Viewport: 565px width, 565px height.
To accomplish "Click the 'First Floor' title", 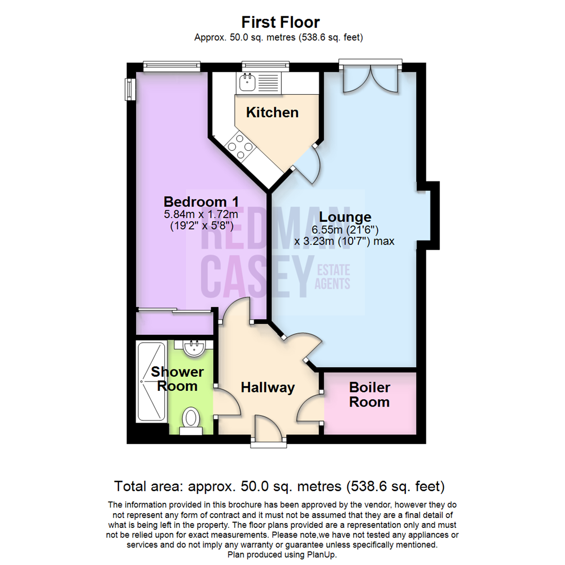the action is point(280,22).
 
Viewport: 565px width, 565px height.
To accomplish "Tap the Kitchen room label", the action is point(273,112).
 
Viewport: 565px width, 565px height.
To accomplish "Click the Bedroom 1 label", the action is point(201,201).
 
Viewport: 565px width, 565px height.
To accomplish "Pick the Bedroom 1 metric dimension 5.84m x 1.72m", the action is point(201,214).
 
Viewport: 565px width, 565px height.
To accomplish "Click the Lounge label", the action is point(345,217).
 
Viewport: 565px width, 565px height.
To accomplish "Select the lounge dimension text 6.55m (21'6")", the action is point(345,230).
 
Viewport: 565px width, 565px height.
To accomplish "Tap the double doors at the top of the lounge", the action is point(371,80).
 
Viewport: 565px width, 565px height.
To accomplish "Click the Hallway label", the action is point(268,388).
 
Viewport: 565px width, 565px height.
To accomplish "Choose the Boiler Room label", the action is point(370,394).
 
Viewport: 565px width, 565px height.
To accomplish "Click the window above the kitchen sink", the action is point(266,66).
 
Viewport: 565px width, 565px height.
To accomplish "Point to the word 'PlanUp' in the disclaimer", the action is point(320,555).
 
